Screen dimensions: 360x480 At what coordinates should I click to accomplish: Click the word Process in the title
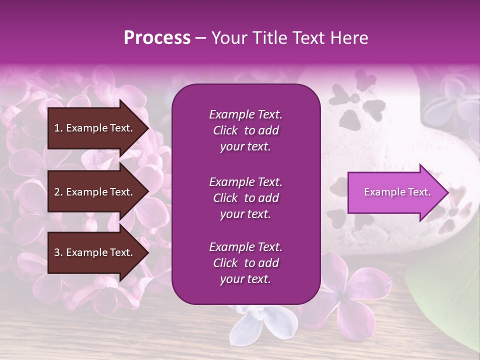tap(157, 38)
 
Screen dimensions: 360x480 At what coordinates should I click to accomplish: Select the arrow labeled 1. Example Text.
tap(95, 128)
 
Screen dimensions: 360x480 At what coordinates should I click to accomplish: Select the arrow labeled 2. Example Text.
tap(95, 192)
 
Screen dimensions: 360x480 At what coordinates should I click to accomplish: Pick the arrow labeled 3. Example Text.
tap(95, 252)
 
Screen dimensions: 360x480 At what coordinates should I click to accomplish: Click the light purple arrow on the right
tap(395, 192)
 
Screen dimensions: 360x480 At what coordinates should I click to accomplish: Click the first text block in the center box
tap(245, 130)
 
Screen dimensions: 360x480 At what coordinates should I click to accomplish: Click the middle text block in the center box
tap(245, 198)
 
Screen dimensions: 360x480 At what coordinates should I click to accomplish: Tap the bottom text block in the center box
tap(245, 263)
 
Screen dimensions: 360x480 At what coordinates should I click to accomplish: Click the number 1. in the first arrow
tap(58, 128)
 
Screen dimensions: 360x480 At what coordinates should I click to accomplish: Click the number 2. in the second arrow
tap(58, 192)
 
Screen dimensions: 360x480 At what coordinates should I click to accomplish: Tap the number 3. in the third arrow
tap(58, 252)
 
